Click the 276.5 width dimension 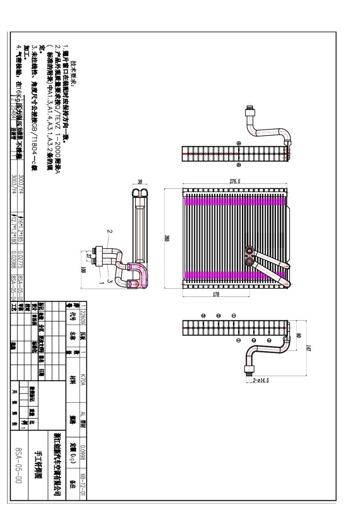point(235,181)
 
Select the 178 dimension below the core point(215,294)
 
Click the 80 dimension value point(298,336)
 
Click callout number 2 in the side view point(110,231)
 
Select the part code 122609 point(83,313)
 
